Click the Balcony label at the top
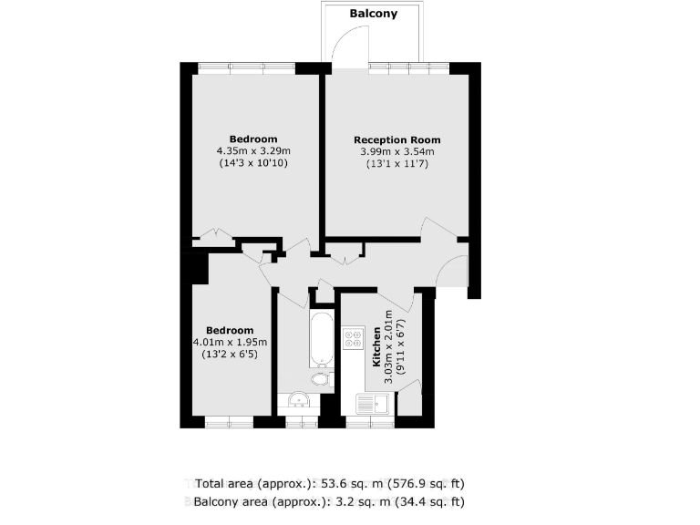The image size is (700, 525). [x=374, y=14]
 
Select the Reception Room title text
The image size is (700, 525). [x=396, y=139]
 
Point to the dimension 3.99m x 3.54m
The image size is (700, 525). [x=397, y=151]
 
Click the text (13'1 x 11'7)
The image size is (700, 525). [x=396, y=164]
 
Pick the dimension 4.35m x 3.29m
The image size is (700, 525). [x=253, y=150]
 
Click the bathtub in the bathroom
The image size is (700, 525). [x=322, y=338]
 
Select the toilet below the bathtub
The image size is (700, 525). [x=320, y=377]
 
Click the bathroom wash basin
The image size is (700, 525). [x=297, y=402]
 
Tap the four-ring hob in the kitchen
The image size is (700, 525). [x=353, y=339]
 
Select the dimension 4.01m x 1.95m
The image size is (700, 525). [x=229, y=342]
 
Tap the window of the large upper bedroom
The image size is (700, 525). [x=247, y=67]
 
